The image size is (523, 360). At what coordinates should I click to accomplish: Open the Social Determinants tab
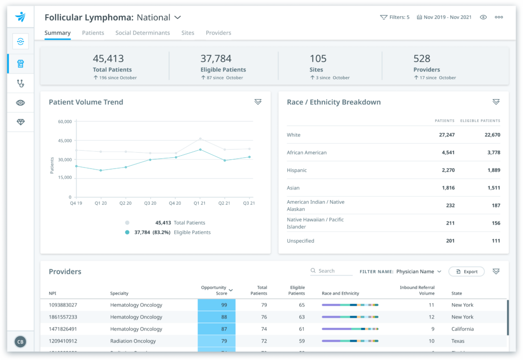[142, 33]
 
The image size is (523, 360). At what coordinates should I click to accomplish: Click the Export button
[466, 272]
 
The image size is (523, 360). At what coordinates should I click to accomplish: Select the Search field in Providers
[331, 271]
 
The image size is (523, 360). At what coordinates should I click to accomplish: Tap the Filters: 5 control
[395, 17]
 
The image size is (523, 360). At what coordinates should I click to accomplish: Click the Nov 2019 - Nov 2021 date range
[444, 17]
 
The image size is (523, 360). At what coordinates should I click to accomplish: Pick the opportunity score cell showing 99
[217, 305]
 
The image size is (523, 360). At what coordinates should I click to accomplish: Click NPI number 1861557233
[63, 317]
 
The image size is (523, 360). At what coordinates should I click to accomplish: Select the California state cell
[462, 329]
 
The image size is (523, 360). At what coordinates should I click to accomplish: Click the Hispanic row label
[297, 170]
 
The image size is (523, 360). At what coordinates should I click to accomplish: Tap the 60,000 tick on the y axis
[64, 122]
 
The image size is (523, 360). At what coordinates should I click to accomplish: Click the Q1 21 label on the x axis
[200, 203]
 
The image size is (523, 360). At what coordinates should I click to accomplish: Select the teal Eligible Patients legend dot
[127, 232]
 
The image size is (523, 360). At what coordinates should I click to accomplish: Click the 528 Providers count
[422, 59]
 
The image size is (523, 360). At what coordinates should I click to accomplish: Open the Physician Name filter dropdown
[418, 272]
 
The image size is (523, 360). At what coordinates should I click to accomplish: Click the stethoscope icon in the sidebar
[20, 83]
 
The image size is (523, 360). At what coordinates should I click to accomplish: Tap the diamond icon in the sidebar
[20, 123]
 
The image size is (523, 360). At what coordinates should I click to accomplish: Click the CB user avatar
[20, 342]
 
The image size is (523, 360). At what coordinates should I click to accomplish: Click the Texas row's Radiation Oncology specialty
[133, 341]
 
